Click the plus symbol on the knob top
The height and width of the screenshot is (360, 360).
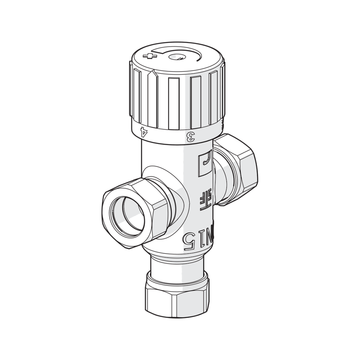[x=150, y=56]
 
